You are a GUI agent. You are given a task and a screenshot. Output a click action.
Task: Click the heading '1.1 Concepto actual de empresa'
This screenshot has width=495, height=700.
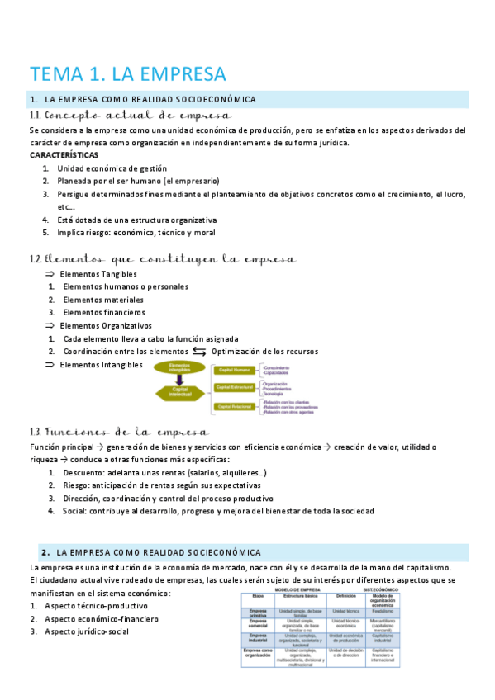[130, 116]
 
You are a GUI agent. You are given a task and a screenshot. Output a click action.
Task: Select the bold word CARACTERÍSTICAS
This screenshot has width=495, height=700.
[64, 155]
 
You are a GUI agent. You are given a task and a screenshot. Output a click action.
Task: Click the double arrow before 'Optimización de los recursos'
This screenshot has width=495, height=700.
[199, 352]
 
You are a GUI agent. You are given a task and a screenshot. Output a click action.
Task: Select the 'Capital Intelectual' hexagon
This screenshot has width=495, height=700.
[179, 393]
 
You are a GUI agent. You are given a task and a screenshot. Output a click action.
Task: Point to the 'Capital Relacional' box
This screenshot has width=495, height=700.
[235, 406]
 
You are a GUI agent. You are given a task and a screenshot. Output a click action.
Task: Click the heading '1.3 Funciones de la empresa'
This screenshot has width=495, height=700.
[119, 432]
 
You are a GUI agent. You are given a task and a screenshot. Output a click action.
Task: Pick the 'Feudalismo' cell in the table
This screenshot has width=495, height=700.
[382, 611]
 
